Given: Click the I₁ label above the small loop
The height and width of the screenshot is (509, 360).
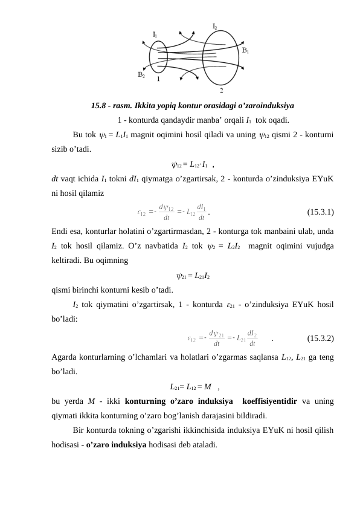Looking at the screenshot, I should (155, 34).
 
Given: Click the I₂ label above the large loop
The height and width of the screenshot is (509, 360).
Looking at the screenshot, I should (215, 26).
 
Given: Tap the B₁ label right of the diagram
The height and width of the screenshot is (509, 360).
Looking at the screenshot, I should (246, 51).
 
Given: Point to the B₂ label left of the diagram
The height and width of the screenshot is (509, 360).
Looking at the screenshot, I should (141, 75).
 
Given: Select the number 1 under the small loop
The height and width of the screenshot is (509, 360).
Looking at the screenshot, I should (158, 79).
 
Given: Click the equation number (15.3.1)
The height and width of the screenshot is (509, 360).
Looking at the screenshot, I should (321, 212).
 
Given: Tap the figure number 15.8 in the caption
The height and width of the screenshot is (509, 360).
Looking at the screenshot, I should (99, 105).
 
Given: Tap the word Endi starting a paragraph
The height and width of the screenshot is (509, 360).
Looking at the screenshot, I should (61, 231).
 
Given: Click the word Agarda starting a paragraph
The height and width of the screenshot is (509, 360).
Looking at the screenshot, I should (66, 357).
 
